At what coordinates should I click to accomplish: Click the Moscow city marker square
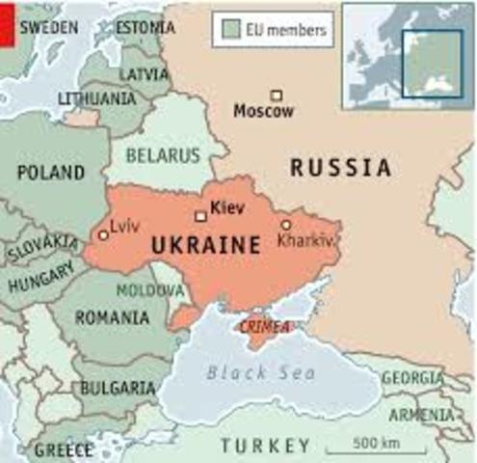coord(277,95)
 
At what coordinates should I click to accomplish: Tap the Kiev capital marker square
coord(200,216)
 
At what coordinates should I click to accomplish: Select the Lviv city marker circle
coord(103,234)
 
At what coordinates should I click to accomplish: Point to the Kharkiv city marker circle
coord(285,224)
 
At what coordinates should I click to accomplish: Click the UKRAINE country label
coord(205,246)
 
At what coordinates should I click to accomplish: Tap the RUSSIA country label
coord(341,168)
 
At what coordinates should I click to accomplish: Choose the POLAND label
coord(50,173)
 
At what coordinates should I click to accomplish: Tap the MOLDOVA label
coord(144,288)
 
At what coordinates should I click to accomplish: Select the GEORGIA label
coord(411,378)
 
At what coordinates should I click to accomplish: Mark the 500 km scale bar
coord(361,449)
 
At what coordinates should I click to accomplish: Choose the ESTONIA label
coord(146,28)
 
